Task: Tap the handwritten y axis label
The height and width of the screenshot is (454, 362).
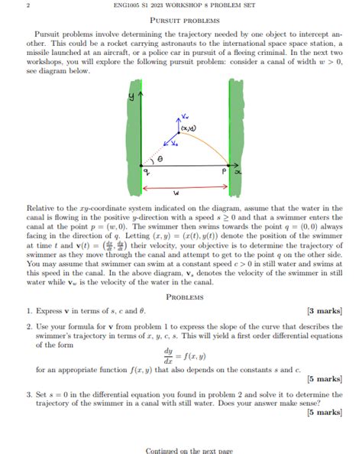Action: tap(131, 96)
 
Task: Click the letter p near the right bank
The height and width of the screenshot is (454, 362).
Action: tap(218, 173)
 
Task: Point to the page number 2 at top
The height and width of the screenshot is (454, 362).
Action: tap(27, 6)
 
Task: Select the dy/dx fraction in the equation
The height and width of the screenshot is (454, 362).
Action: tap(168, 355)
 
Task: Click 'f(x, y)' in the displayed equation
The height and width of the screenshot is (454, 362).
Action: tap(195, 355)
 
